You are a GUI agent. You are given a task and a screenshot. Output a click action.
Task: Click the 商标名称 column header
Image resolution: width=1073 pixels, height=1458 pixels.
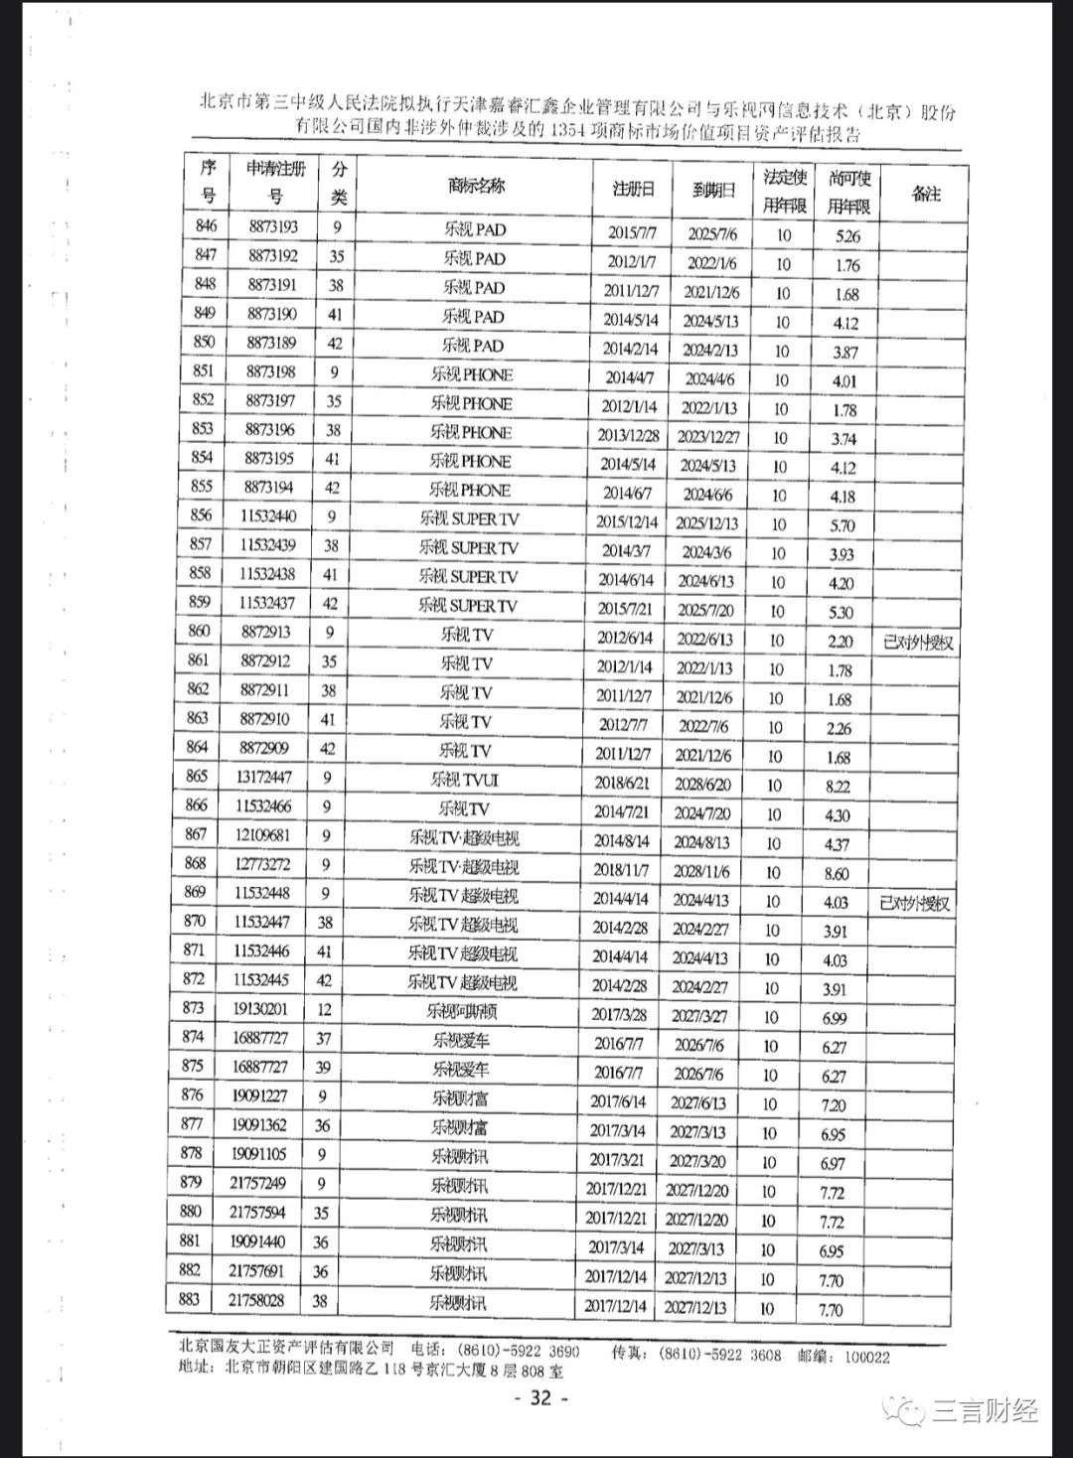(476, 186)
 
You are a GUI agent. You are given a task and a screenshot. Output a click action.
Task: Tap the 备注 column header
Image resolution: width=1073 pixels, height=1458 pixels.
(925, 194)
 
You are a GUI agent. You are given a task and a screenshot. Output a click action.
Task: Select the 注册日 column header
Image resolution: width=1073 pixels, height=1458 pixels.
(633, 189)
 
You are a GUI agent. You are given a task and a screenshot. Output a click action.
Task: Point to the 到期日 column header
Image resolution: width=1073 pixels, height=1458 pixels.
(713, 190)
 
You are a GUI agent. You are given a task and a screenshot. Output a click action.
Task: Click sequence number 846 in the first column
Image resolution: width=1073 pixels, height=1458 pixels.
(206, 226)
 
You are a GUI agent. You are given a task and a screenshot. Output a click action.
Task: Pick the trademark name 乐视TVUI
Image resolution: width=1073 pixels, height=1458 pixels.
(465, 780)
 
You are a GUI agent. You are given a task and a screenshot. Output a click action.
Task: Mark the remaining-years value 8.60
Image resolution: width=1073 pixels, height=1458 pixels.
(837, 874)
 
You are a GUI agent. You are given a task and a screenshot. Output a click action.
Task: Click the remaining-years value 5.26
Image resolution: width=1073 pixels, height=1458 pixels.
(847, 236)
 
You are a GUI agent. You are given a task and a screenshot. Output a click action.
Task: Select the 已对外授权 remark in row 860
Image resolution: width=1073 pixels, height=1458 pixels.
(917, 643)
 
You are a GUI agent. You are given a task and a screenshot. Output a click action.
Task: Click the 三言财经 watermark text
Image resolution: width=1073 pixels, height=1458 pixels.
(984, 1410)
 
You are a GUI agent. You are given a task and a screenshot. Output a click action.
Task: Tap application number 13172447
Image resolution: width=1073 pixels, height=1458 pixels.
(264, 777)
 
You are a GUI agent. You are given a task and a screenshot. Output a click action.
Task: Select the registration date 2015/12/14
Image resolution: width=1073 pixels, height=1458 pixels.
(627, 521)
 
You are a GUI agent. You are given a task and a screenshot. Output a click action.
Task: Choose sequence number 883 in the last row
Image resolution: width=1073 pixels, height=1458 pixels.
(189, 1299)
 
